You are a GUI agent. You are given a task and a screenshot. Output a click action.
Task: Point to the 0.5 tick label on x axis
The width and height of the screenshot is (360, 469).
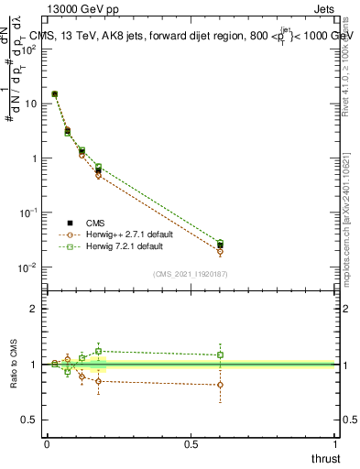[x=191, y=444]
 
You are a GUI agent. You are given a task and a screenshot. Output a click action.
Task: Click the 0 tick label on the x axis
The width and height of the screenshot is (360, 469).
[x=47, y=444]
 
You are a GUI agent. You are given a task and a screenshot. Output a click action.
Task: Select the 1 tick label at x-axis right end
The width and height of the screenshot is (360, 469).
[x=335, y=444]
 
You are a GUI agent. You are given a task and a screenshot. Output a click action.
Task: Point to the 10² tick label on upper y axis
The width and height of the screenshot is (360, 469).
[x=29, y=48]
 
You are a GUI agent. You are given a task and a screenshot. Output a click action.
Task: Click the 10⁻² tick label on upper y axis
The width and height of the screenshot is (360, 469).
[x=29, y=267]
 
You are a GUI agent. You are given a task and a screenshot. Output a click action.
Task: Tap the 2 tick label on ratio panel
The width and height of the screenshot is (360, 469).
[x=34, y=309]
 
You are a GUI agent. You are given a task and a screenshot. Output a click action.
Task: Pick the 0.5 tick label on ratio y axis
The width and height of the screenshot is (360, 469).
[x=29, y=420]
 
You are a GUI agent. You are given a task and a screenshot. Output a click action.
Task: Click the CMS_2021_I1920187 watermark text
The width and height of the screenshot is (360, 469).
[x=190, y=275]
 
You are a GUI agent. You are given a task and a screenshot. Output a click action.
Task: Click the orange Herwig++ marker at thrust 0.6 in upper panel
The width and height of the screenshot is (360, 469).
[x=220, y=250]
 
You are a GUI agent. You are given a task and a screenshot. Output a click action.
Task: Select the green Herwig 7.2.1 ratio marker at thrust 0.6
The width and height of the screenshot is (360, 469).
[x=220, y=354]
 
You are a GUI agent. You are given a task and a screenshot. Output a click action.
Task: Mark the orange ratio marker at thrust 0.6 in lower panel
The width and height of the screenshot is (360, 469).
[x=220, y=385]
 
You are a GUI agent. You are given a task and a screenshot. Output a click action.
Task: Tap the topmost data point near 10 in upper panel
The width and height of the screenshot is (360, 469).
[x=55, y=93]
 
